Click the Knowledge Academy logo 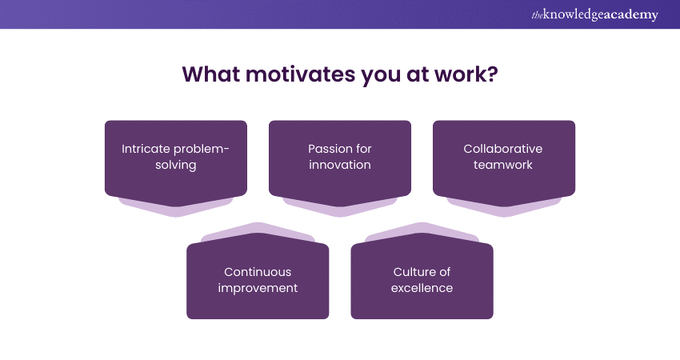pos(594,14)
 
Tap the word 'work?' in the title pos(466,74)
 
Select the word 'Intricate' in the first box pos(146,149)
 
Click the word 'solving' pos(176,166)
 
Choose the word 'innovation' pos(340,165)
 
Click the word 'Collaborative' pos(503,149)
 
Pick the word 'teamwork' pos(503,165)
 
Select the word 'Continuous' pos(258,272)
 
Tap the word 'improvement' pos(258,289)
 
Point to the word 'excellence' pos(422,288)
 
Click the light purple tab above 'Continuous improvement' pos(258,228)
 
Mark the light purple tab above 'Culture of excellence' pos(422,228)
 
